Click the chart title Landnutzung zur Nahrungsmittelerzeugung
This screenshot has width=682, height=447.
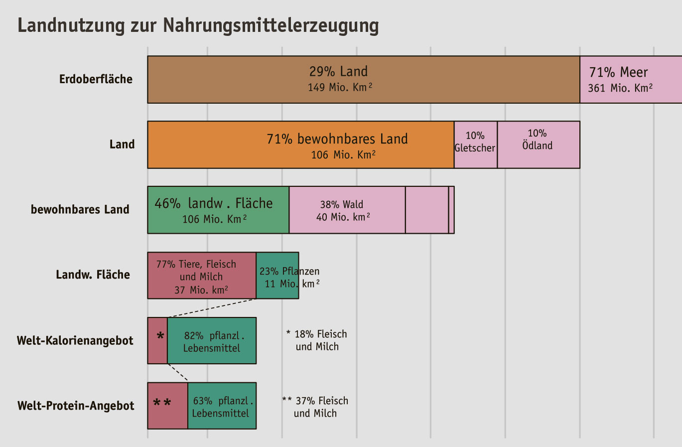tap(198, 25)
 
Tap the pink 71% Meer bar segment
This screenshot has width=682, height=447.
tap(631, 80)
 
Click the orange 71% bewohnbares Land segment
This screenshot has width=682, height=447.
tap(300, 145)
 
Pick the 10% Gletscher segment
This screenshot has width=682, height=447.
tap(475, 145)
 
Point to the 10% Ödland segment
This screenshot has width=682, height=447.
tap(538, 145)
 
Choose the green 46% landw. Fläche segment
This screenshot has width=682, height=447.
tap(218, 210)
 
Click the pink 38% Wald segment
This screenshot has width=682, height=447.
tap(347, 210)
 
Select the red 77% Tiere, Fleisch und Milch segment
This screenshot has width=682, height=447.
tap(201, 276)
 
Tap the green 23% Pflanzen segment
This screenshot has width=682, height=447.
tap(277, 276)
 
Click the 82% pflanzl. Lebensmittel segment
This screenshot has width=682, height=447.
tap(211, 341)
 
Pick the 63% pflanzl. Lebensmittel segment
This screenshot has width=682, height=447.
tap(222, 406)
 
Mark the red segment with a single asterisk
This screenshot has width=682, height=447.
tap(157, 341)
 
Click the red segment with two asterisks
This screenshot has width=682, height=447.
tap(167, 406)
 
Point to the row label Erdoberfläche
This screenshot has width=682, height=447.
tap(96, 79)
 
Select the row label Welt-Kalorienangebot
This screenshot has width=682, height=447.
tap(75, 341)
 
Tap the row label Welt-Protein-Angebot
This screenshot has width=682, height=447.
tap(76, 406)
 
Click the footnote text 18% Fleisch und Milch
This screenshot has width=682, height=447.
tap(317, 340)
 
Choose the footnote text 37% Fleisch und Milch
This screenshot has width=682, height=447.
tap(315, 407)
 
